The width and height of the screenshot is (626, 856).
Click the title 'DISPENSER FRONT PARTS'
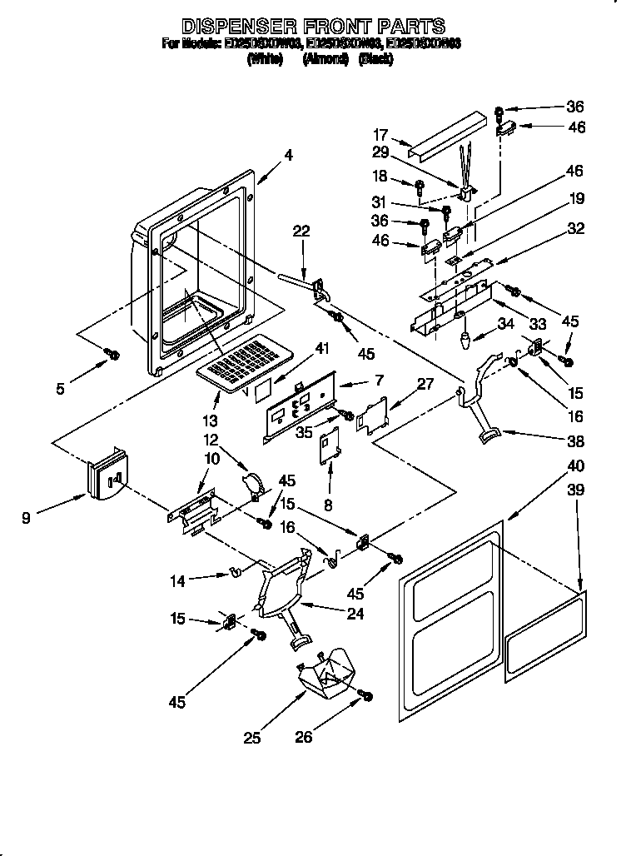313,26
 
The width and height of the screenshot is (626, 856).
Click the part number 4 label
288,154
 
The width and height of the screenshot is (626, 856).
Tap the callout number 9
27,517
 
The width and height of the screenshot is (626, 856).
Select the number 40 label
576,465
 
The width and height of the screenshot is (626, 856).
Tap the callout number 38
576,441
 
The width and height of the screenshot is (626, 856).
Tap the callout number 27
426,384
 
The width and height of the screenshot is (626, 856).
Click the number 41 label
321,351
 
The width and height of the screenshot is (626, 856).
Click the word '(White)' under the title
265,59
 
